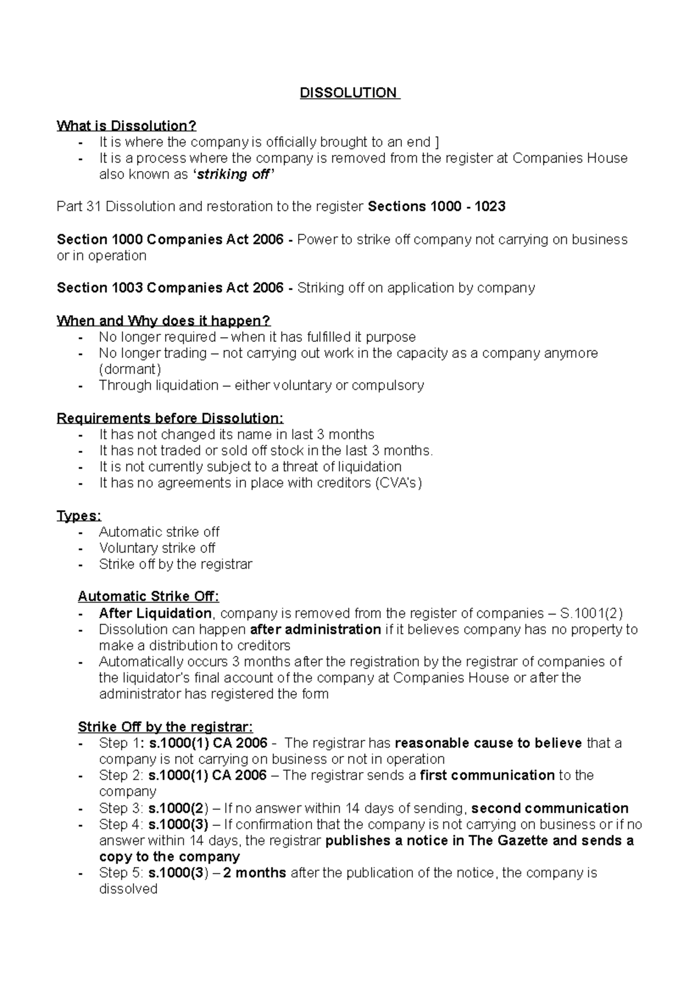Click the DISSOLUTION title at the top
point(348,93)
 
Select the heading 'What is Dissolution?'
point(126,126)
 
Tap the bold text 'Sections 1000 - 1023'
point(437,207)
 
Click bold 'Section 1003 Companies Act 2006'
point(170,288)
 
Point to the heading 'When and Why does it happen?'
point(163,321)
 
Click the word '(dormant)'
point(129,369)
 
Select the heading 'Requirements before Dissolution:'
point(170,418)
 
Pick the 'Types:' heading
point(79,516)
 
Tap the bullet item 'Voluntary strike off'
point(157,549)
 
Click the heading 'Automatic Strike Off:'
point(149,596)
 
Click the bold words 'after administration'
point(316,630)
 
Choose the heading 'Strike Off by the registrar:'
point(166,727)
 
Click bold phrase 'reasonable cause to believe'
point(488,744)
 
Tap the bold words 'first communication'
point(487,776)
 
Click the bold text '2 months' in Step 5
point(255,873)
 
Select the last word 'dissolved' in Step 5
point(128,889)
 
